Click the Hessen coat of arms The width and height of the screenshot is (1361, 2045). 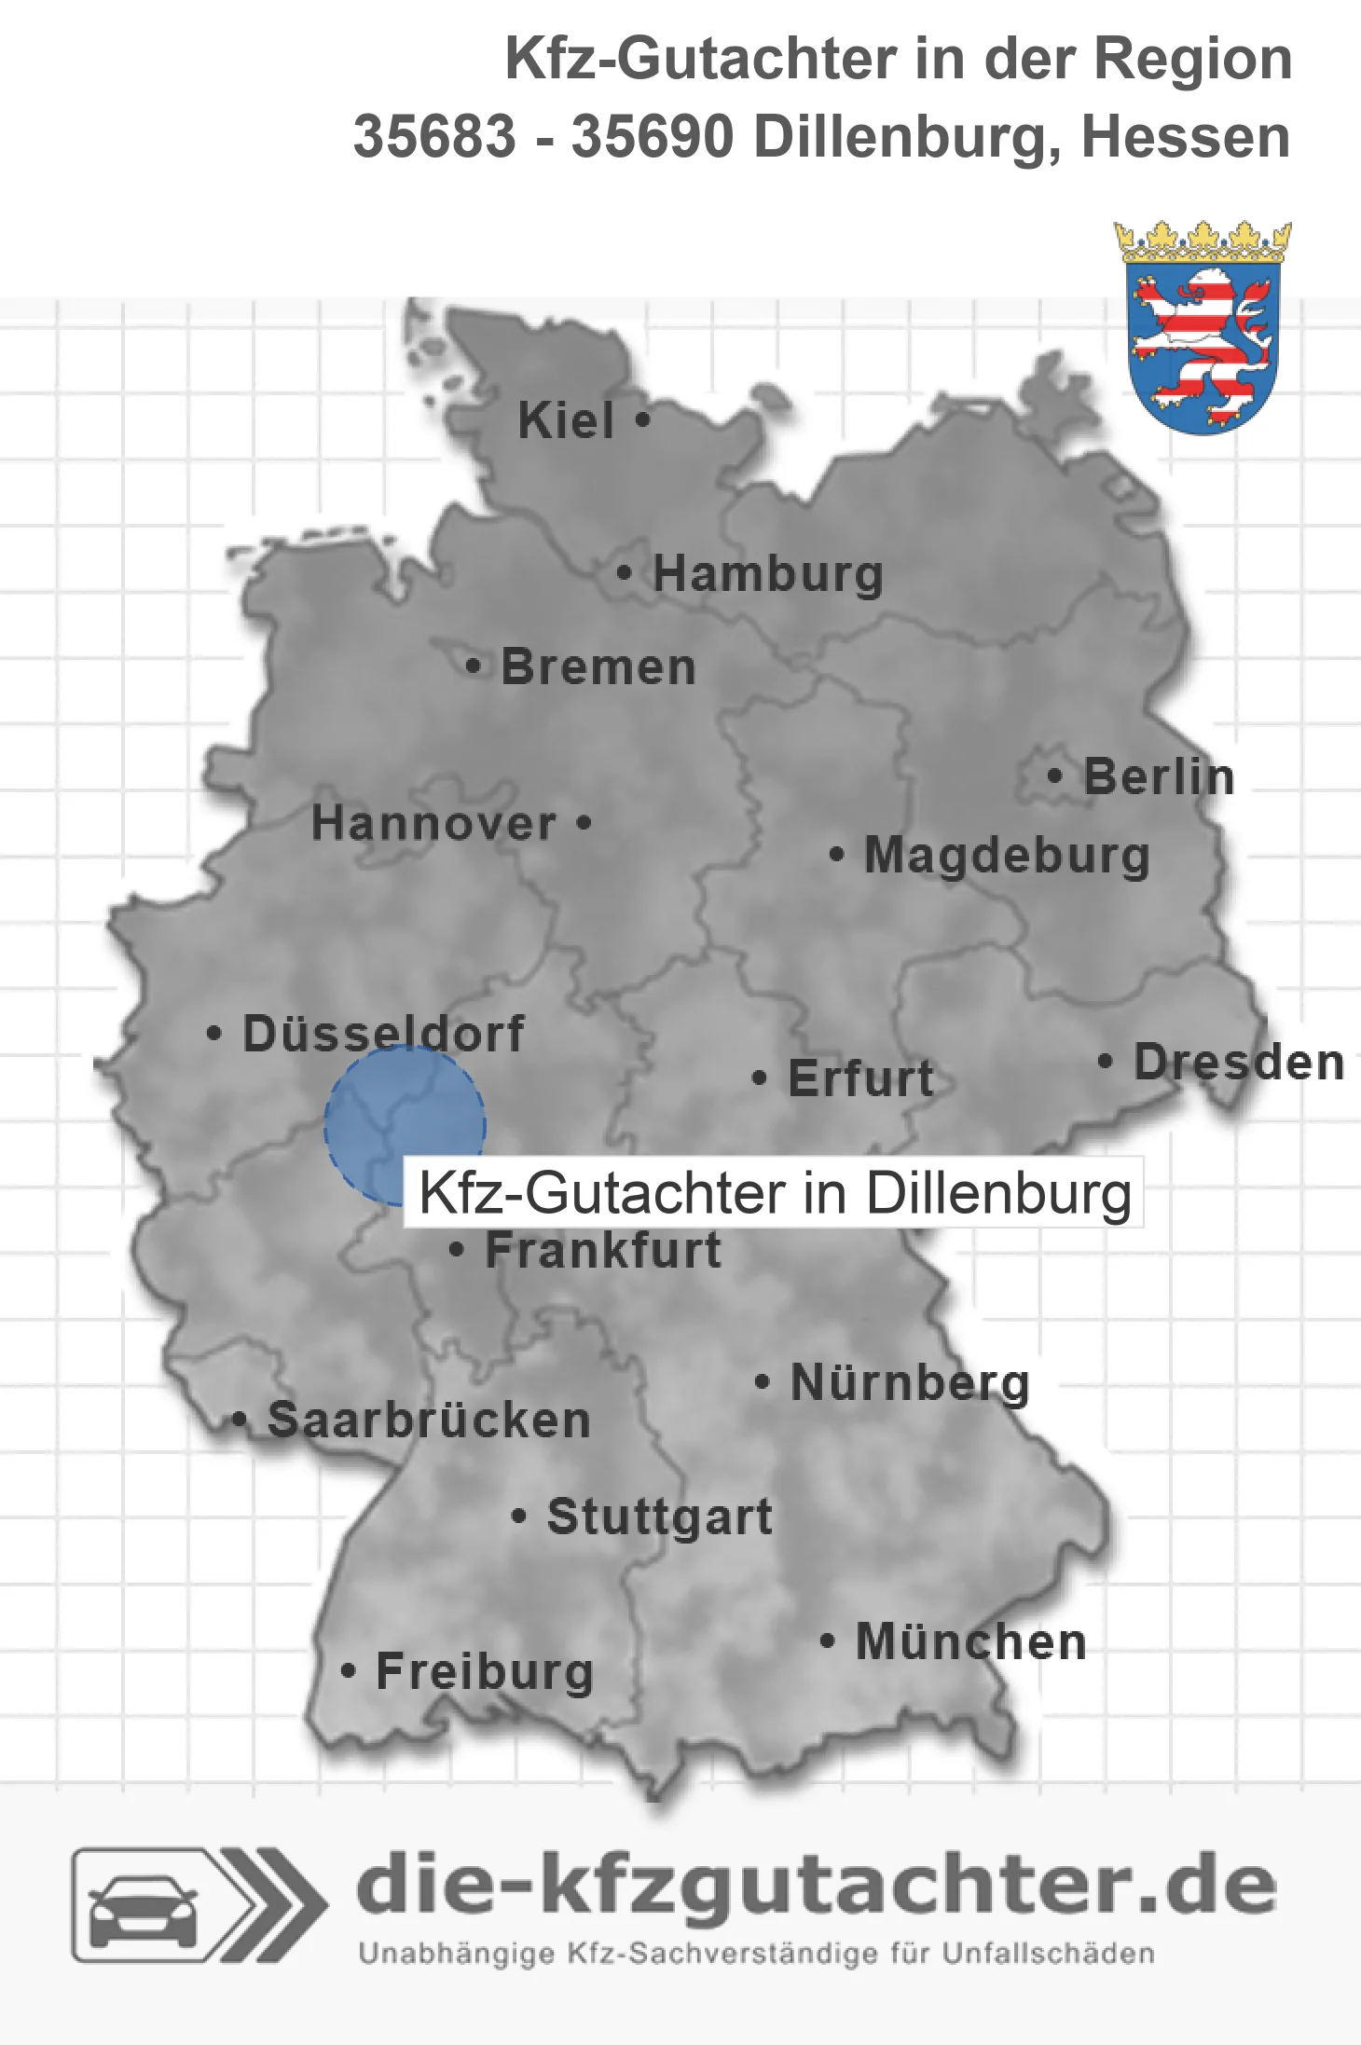tap(1203, 328)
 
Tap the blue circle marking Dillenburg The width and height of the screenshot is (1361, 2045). tap(405, 1125)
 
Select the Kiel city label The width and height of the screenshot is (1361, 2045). tap(566, 420)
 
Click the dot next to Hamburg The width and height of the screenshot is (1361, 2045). tap(625, 572)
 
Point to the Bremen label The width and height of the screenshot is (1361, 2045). tap(598, 667)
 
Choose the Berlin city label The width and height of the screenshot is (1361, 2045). tap(1159, 776)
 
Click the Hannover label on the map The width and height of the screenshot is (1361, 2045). tap(433, 823)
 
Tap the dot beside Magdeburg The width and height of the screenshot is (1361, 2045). tap(837, 853)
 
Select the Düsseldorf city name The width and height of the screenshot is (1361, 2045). tap(383, 1033)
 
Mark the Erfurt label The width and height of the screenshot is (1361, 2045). tap(860, 1078)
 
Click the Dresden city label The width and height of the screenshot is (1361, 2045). tap(1239, 1062)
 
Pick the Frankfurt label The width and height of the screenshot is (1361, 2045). tap(603, 1250)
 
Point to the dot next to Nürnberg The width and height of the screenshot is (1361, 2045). tap(762, 1381)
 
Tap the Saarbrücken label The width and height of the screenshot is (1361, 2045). tap(429, 1420)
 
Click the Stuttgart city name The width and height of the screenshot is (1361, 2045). tap(659, 1517)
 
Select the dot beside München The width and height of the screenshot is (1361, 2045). tap(827, 1640)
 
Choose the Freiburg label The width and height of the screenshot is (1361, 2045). tap(485, 1671)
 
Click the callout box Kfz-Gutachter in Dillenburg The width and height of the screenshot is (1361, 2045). tap(774, 1192)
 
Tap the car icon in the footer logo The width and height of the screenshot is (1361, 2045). tap(143, 1905)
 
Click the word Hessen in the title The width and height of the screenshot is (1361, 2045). tap(1185, 137)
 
